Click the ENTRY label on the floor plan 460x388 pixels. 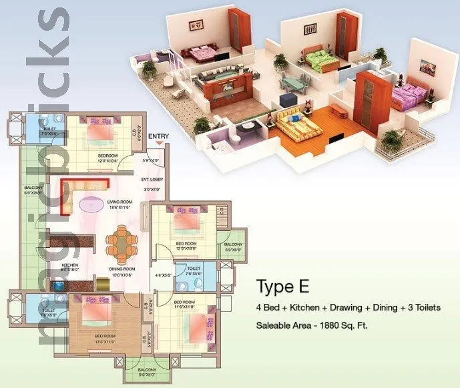coord(159,138)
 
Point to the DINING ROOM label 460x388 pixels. coord(122,270)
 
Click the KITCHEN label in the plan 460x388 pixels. coord(71,265)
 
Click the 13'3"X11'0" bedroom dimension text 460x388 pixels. coord(107,341)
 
